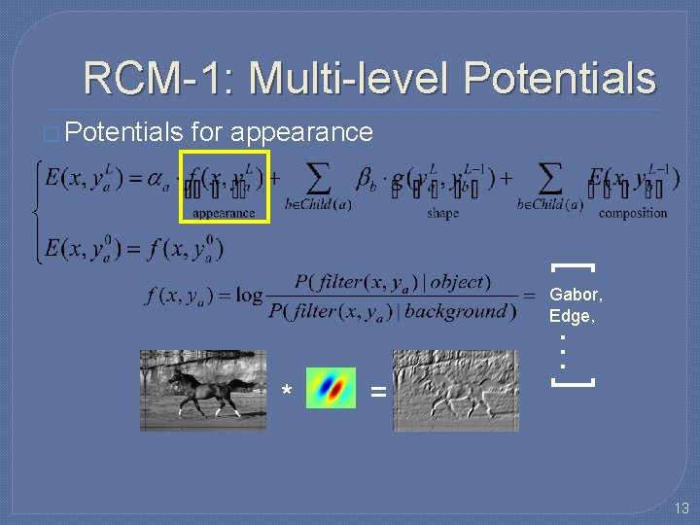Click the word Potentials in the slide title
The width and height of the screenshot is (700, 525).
559,79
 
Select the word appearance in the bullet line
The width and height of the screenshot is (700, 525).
301,131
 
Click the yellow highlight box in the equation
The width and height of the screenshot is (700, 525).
225,187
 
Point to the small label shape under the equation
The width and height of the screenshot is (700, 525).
442,214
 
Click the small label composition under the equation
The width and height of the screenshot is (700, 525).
633,214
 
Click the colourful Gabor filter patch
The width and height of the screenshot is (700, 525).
331,388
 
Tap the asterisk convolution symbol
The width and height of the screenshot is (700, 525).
286,392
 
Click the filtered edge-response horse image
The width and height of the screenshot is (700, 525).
455,390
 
